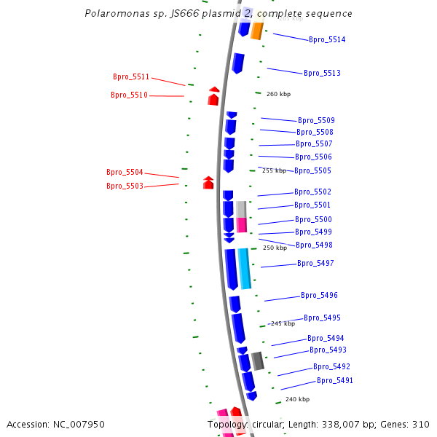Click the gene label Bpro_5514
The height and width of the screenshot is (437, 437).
pyautogui.click(x=327, y=40)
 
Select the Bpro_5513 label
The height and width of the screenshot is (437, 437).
pyautogui.click(x=322, y=74)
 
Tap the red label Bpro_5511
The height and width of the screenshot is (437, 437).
pyautogui.click(x=131, y=77)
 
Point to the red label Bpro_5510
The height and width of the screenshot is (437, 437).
pyautogui.click(x=129, y=95)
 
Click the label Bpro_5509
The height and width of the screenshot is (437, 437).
pyautogui.click(x=316, y=121)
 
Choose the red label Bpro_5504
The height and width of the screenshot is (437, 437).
pyautogui.click(x=125, y=173)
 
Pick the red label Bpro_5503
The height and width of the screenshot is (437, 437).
pyautogui.click(x=125, y=186)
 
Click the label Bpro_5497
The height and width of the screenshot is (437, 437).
pyautogui.click(x=315, y=264)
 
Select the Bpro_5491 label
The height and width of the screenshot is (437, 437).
pyautogui.click(x=335, y=381)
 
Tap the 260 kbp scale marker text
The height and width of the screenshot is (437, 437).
pyautogui.click(x=278, y=94)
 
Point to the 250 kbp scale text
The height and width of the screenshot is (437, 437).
pyautogui.click(x=275, y=248)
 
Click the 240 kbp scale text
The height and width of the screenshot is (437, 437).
pyautogui.click(x=297, y=399)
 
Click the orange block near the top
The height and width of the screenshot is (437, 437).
pyautogui.click(x=256, y=31)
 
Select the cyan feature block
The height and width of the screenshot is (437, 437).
pyautogui.click(x=244, y=268)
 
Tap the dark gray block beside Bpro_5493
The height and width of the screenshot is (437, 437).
pyautogui.click(x=258, y=361)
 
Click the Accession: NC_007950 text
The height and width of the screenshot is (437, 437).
pyautogui.click(x=55, y=424)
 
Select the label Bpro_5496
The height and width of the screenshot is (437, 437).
pyautogui.click(x=319, y=296)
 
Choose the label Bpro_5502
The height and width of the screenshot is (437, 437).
pyautogui.click(x=312, y=192)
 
